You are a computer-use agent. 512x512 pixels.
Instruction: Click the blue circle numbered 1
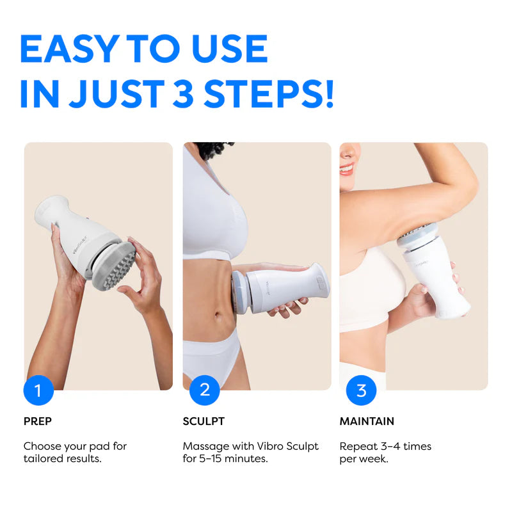coord(39,390)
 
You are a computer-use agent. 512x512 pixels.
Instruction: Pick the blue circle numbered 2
coord(204,390)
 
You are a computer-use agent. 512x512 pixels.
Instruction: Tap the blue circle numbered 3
coord(361,390)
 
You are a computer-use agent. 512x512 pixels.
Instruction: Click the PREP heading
coord(38,421)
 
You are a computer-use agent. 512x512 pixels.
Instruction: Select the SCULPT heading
coord(204,421)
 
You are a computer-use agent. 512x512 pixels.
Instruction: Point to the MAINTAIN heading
coord(367,421)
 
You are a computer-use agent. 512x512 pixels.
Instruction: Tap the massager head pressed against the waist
coord(238,291)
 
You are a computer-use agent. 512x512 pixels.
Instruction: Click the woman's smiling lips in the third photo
coord(346,168)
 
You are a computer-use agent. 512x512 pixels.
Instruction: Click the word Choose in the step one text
coord(42,446)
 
